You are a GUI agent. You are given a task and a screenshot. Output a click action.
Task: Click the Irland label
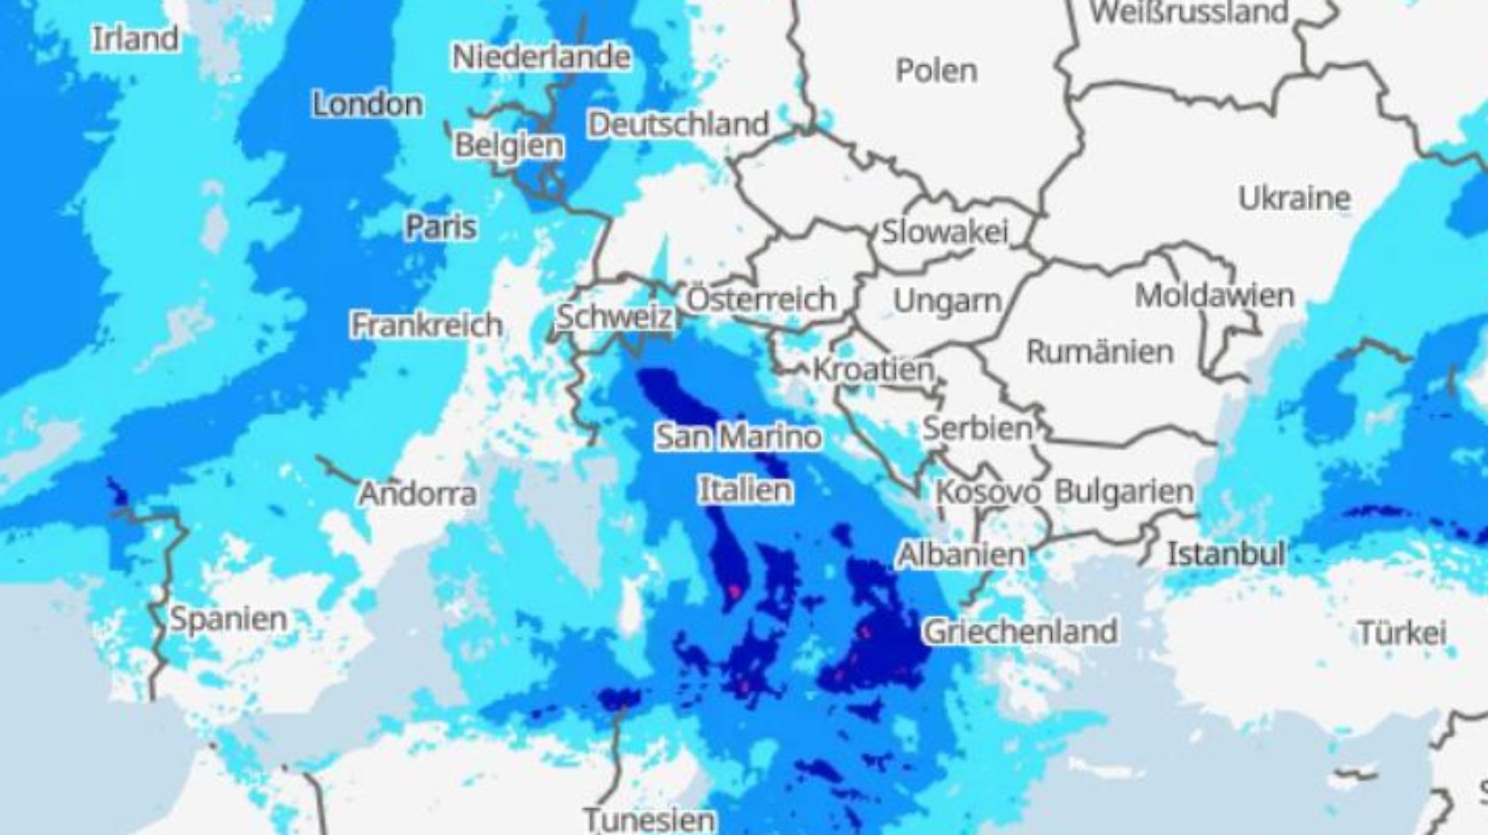[x=136, y=38]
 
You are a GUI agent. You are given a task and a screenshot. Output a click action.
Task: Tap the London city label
[x=367, y=104]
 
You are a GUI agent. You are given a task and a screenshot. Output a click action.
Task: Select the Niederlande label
[x=541, y=57]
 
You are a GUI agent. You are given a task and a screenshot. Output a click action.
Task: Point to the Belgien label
[x=508, y=145]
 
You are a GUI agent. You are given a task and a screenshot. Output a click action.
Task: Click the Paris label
[x=440, y=227]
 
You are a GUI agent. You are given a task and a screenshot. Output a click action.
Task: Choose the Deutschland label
[x=678, y=124]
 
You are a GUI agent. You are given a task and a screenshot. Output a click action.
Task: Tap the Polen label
[x=936, y=70]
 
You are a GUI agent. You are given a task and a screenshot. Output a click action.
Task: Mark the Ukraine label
[x=1294, y=198]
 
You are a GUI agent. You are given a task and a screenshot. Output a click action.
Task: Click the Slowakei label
[x=944, y=232]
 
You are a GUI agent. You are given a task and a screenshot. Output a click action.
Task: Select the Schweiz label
[x=613, y=317]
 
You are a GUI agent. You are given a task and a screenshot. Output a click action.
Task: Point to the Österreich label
[x=761, y=299]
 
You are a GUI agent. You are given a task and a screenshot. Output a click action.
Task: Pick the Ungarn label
[x=947, y=302]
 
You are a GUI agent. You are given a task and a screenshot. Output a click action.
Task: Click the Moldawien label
[x=1214, y=295]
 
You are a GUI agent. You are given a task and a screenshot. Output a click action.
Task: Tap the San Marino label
[x=738, y=436]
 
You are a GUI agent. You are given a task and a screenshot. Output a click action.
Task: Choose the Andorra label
[x=417, y=493]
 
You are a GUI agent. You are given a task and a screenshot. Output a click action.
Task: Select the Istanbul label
[x=1225, y=554]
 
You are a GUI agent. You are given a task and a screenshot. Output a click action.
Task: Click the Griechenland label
[x=1019, y=631]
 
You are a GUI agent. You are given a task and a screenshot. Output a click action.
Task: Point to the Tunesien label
[x=649, y=820]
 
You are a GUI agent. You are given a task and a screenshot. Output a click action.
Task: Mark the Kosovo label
[x=987, y=492]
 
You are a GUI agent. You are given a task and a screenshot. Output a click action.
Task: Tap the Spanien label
[x=228, y=618]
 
